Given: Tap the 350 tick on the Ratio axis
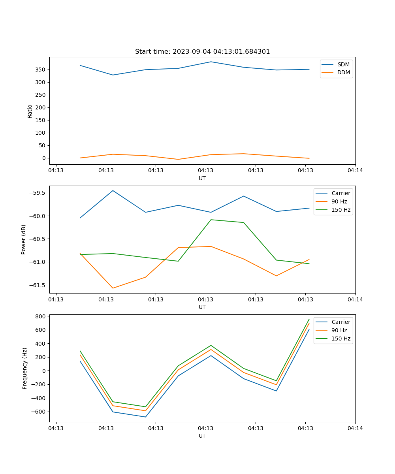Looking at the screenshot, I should pos(41,70).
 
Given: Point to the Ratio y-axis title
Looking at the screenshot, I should pos(30,111).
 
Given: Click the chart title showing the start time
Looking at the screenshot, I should pos(202,52).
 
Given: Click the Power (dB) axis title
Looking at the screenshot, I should pos(24,239).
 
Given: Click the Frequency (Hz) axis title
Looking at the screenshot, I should pos(24,368).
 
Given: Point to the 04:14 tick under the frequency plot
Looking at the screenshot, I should pos(355,428).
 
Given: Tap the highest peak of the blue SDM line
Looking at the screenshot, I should pos(211,62).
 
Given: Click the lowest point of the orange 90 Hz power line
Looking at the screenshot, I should pos(113,288).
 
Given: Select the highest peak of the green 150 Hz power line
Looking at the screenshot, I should pos(211,220).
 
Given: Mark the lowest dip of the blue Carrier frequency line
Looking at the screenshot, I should pos(146,417).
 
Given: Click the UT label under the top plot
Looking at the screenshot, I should pos(202,178).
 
